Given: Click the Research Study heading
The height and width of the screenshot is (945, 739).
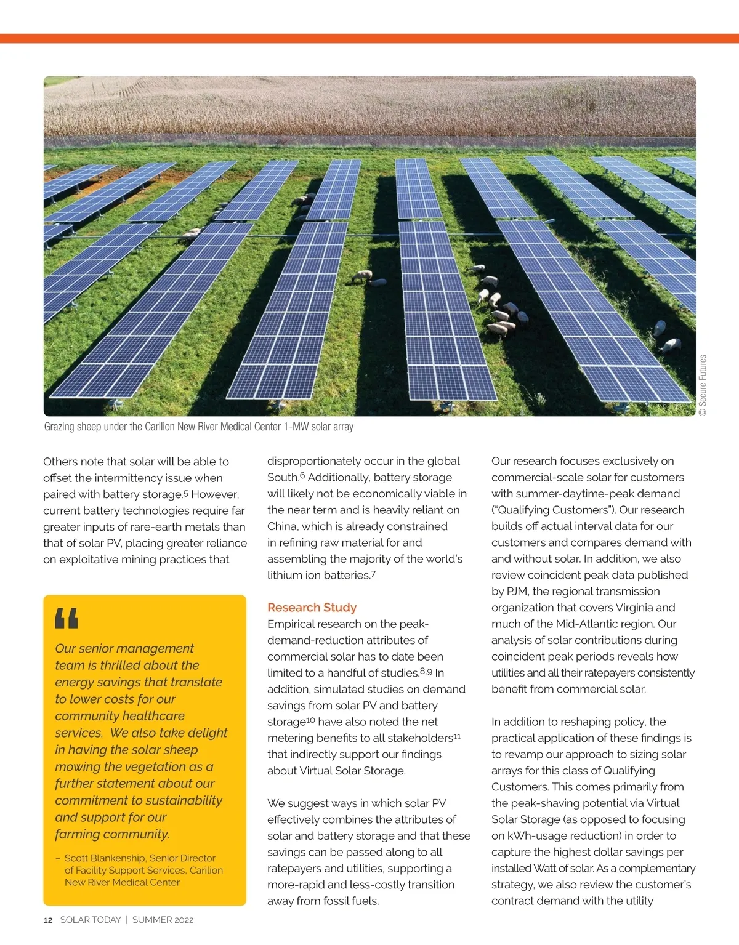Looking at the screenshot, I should coord(312,608).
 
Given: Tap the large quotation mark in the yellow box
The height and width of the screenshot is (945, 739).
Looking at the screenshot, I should coord(67,618).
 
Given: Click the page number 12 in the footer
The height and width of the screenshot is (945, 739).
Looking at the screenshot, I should coord(48,920).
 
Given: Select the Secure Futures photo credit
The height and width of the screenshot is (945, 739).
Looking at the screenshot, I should coord(703,385).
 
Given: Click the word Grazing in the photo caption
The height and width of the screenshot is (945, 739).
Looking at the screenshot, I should coord(59,427).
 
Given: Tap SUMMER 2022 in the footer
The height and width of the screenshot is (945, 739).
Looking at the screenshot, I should coord(163,920).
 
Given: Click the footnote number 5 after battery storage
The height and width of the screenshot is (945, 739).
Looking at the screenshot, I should coord(186,493).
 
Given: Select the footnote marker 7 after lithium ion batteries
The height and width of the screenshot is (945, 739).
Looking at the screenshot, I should coord(373,574).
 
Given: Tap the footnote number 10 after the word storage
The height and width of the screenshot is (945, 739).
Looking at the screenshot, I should coord(310,720).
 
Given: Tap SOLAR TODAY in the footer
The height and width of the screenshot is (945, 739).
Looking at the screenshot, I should coord(91,920).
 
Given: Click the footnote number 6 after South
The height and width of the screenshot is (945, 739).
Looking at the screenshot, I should coord(302,476).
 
